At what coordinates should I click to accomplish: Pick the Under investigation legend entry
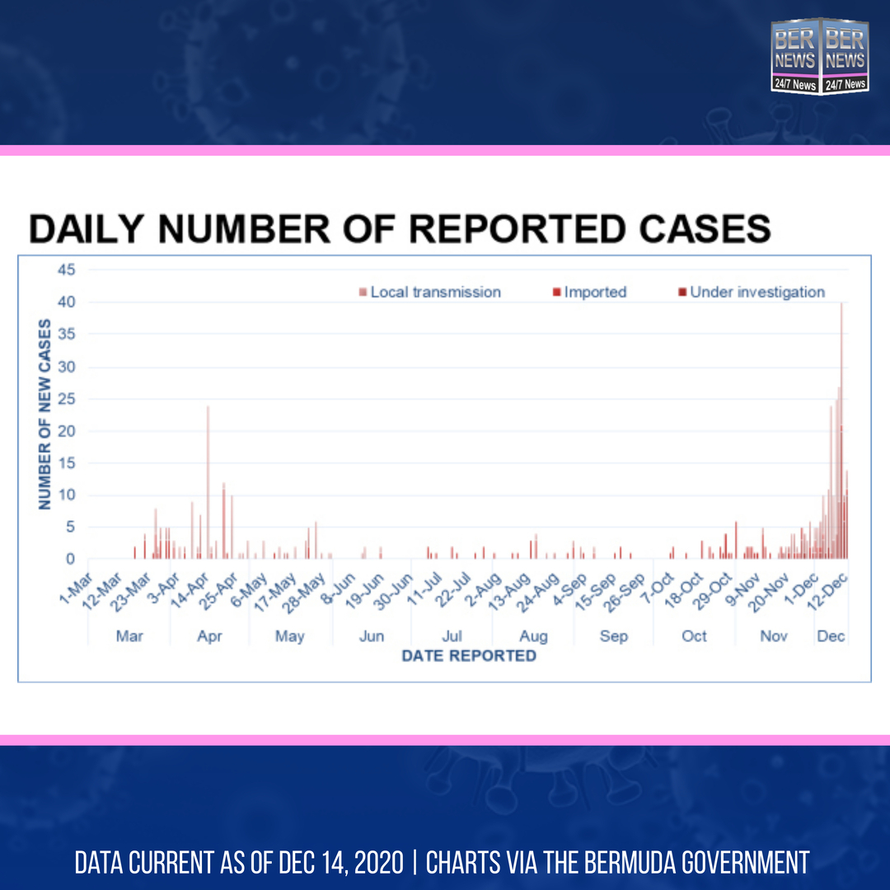(751, 293)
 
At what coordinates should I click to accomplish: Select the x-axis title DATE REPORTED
(468, 656)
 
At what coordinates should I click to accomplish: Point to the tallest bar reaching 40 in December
(841, 429)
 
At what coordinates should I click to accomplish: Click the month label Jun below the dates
(372, 636)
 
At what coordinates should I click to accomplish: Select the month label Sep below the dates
(613, 636)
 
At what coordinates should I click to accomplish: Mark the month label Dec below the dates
(831, 636)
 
